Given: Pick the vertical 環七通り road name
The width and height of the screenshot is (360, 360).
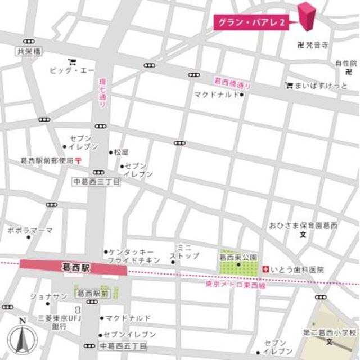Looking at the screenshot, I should pyautogui.click(x=102, y=93).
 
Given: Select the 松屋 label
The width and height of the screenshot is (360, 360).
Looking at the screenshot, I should pyautogui.click(x=121, y=152).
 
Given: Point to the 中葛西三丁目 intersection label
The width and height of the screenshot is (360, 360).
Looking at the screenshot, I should pyautogui.click(x=97, y=182).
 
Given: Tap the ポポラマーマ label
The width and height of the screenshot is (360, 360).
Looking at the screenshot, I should pyautogui.click(x=30, y=231).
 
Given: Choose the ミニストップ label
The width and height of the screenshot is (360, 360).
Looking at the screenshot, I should pyautogui.click(x=187, y=251).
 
